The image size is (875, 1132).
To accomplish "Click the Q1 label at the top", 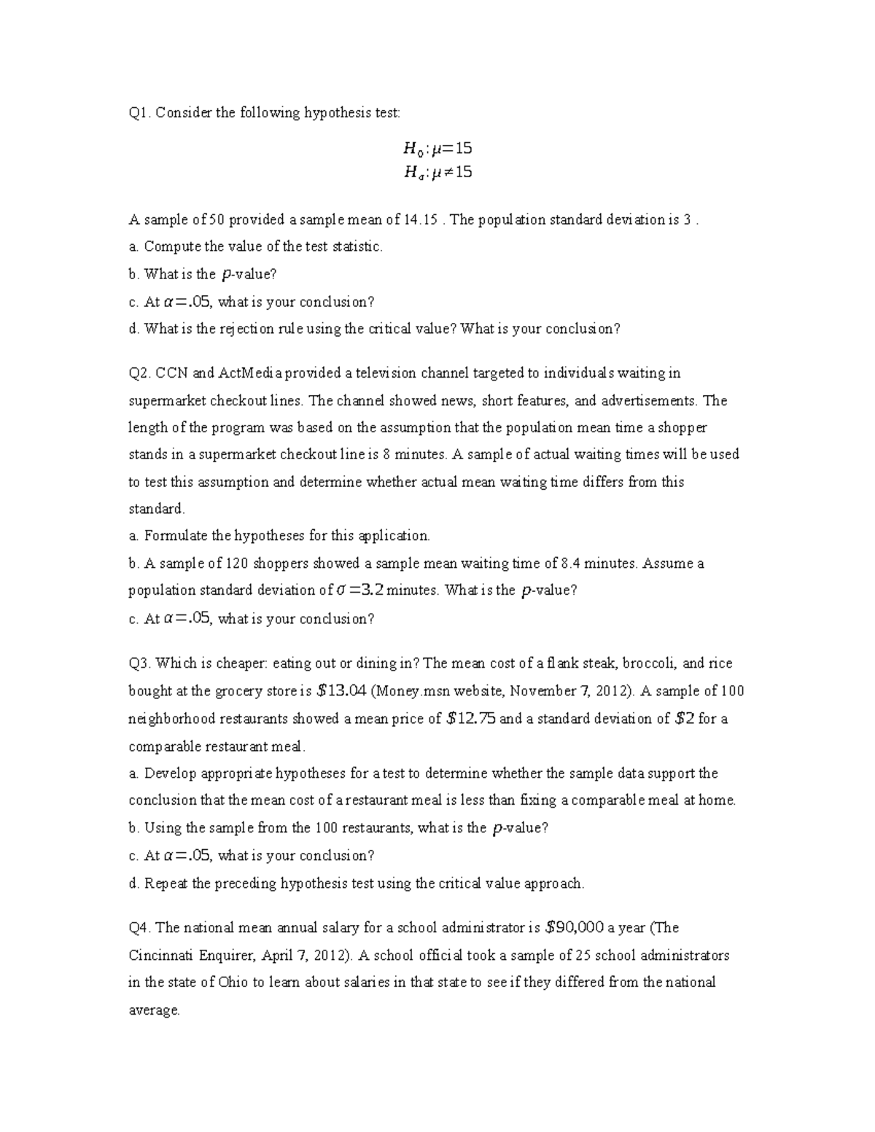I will tap(138, 113).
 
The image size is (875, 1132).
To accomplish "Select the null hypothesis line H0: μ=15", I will tap(437, 149).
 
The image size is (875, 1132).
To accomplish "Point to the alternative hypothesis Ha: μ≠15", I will tap(437, 173).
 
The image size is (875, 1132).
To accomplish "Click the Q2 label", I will tap(138, 374).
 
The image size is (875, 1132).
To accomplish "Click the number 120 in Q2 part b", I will tap(238, 563).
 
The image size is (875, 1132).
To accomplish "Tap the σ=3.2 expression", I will tap(357, 590).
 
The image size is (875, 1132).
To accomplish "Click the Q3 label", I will tap(138, 664).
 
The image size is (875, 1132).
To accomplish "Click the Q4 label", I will tap(138, 928).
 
